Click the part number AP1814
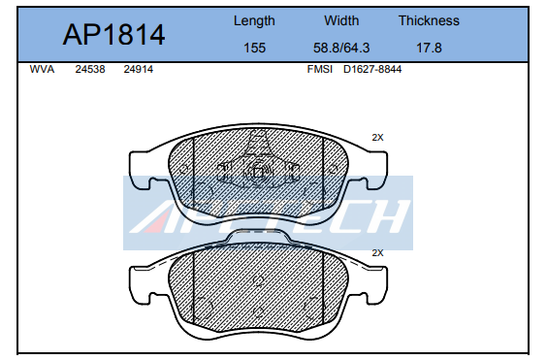pyautogui.click(x=113, y=35)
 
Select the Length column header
pyautogui.click(x=254, y=21)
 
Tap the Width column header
pyautogui.click(x=341, y=20)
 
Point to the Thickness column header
pyautogui.click(x=429, y=20)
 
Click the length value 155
pyautogui.click(x=254, y=48)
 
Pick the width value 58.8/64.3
pyautogui.click(x=341, y=48)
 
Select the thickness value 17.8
pyautogui.click(x=429, y=48)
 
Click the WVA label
pyautogui.click(x=42, y=69)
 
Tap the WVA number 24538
pyautogui.click(x=90, y=69)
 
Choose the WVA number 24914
pyautogui.click(x=138, y=69)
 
